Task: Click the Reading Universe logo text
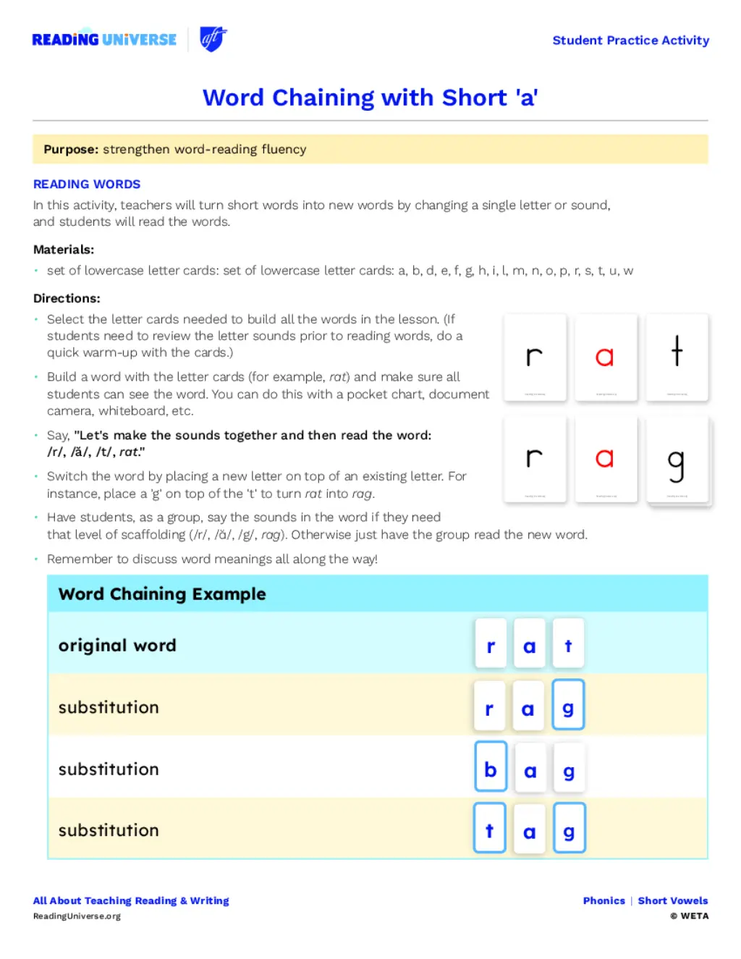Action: coord(104,40)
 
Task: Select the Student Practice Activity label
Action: coord(630,41)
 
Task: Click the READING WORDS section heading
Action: coord(87,185)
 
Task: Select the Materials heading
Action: coord(64,250)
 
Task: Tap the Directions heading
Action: coord(67,298)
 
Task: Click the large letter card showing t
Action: coord(677,357)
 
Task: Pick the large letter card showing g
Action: coord(677,460)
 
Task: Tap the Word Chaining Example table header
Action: coord(162,594)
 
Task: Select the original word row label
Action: coord(117,646)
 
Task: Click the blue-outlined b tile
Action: coord(491,769)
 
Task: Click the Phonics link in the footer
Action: coord(604,901)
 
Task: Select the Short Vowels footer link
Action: coord(672,901)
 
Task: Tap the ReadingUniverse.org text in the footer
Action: coord(77,916)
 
